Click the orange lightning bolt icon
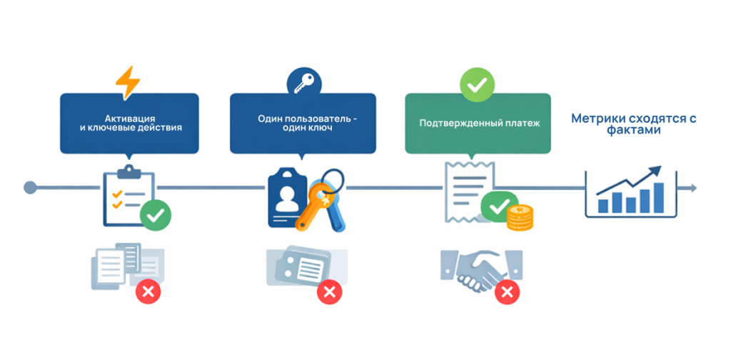(x=128, y=82)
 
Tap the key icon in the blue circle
(x=301, y=82)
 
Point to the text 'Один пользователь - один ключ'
(x=303, y=123)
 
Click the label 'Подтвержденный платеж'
(x=469, y=123)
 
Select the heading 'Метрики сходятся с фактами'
(x=633, y=124)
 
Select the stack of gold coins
(x=520, y=216)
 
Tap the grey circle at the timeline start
(x=30, y=188)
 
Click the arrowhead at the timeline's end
(x=692, y=188)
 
